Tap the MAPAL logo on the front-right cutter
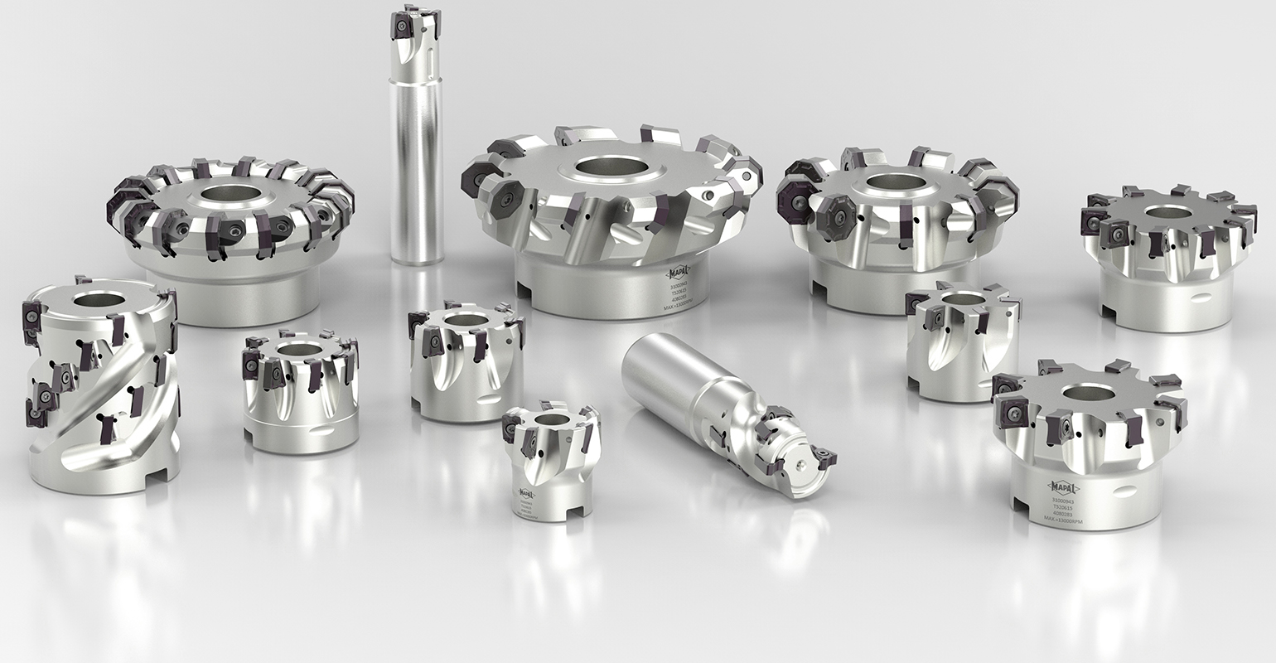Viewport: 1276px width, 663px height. pos(1063,487)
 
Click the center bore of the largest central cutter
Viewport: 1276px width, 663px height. pos(611,166)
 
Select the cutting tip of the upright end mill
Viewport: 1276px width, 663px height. pos(412,23)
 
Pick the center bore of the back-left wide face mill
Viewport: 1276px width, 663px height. pos(230,194)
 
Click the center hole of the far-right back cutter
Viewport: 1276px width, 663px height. pos(1168,212)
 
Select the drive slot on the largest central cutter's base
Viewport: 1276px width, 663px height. pos(524,291)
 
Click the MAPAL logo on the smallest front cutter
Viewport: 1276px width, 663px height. pos(525,493)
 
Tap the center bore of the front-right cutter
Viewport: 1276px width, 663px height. pos(1087,393)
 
